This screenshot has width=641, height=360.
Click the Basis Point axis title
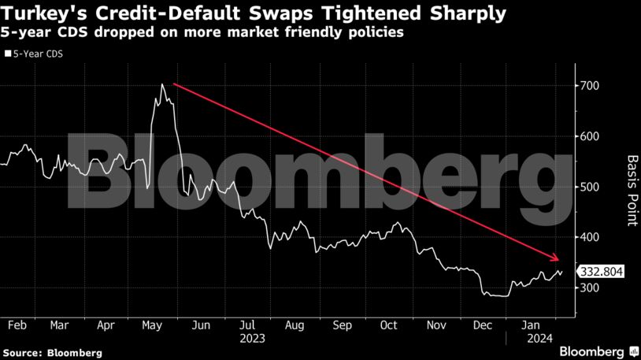pyautogui.click(x=630, y=189)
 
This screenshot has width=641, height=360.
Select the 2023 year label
pyautogui.click(x=254, y=338)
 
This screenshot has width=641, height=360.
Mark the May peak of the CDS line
pyautogui.click(x=162, y=84)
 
